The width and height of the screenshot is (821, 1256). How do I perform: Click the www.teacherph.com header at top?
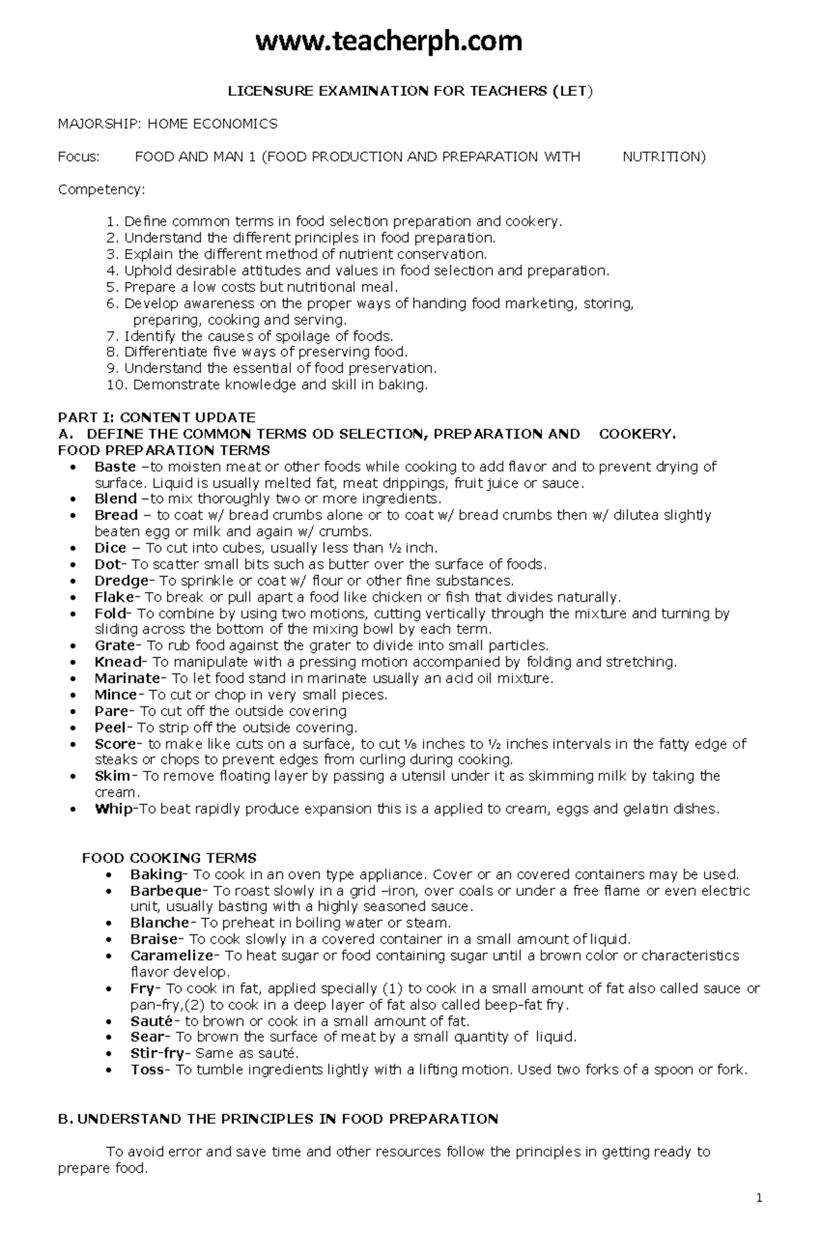(x=389, y=42)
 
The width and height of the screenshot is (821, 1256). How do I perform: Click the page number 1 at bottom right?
(x=759, y=1216)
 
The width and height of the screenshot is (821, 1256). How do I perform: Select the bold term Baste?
(x=115, y=467)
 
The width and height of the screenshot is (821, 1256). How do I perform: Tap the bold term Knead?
(x=119, y=662)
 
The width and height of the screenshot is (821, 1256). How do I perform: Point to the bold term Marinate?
(x=127, y=678)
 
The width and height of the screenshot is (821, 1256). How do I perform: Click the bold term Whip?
(x=115, y=809)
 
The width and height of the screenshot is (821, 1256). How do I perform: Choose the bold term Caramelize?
(x=172, y=956)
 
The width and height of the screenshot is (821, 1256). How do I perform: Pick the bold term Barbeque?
(x=166, y=890)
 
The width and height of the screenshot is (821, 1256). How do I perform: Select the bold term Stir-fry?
(x=159, y=1053)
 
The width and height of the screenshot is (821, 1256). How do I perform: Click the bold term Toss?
(x=147, y=1070)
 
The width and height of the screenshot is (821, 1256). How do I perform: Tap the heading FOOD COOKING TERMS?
(x=169, y=858)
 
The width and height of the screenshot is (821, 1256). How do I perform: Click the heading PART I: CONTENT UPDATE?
(x=157, y=418)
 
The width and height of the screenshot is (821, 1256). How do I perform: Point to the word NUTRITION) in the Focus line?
(x=663, y=157)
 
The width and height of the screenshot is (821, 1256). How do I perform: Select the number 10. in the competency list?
(x=117, y=385)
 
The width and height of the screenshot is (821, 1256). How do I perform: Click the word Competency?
(x=101, y=190)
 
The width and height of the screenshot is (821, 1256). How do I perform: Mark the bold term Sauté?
(x=150, y=1021)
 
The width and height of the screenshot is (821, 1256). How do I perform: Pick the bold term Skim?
(x=112, y=776)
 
